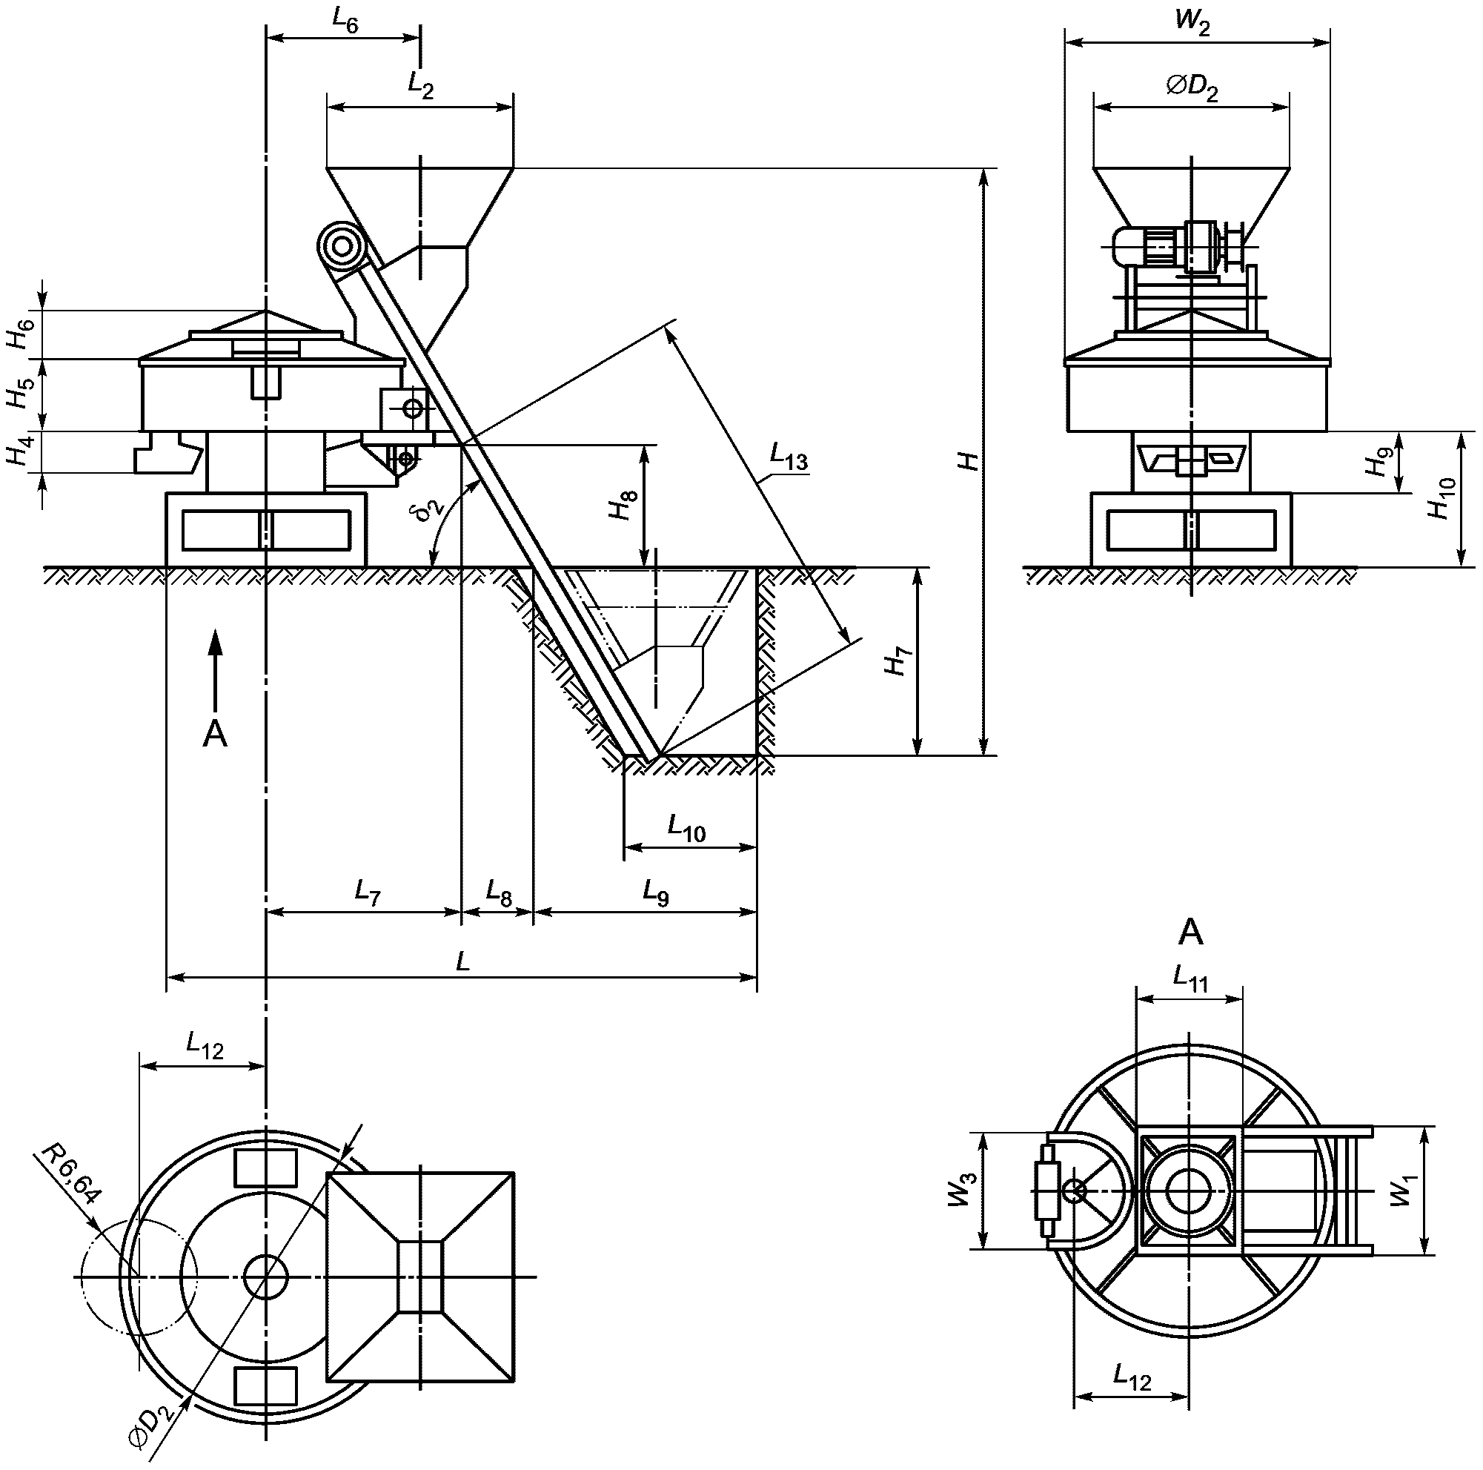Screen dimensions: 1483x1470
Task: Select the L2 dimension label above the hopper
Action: [421, 87]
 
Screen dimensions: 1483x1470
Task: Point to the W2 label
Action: [1193, 21]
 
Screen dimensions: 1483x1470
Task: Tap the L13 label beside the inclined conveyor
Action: [789, 458]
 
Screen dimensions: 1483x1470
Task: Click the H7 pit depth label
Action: [897, 662]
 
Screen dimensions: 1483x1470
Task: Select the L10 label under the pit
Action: [686, 829]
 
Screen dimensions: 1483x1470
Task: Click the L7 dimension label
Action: [368, 893]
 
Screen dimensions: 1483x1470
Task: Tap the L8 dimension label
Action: [499, 893]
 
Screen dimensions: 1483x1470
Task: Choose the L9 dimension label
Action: [657, 893]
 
